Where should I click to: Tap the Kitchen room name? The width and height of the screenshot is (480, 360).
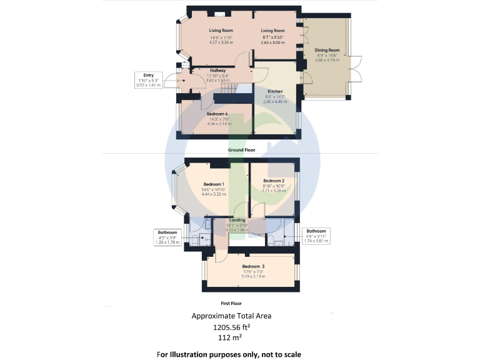pos(275,91)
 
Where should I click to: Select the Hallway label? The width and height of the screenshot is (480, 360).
pos(217,71)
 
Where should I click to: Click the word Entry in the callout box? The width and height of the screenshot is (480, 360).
pos(148,75)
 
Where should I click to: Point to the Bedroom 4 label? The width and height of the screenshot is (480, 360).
pos(217,114)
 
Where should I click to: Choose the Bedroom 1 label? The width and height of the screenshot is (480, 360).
pos(212,184)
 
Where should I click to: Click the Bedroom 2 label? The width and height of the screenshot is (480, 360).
pos(274,181)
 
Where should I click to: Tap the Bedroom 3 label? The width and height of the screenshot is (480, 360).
pos(253,266)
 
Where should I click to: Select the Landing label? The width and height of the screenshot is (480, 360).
pos(237,220)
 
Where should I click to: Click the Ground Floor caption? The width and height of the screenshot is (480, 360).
pos(240,151)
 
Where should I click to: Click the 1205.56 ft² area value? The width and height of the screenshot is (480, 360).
pos(234,327)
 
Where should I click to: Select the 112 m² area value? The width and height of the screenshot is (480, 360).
pos(234,337)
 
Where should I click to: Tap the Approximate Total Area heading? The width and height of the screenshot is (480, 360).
pos(231,316)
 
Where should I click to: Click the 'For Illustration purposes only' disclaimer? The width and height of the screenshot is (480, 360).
pos(229,354)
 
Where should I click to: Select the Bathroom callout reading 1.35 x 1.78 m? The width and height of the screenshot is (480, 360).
pos(167,242)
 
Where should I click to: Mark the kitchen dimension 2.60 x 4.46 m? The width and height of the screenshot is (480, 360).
pos(275,101)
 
